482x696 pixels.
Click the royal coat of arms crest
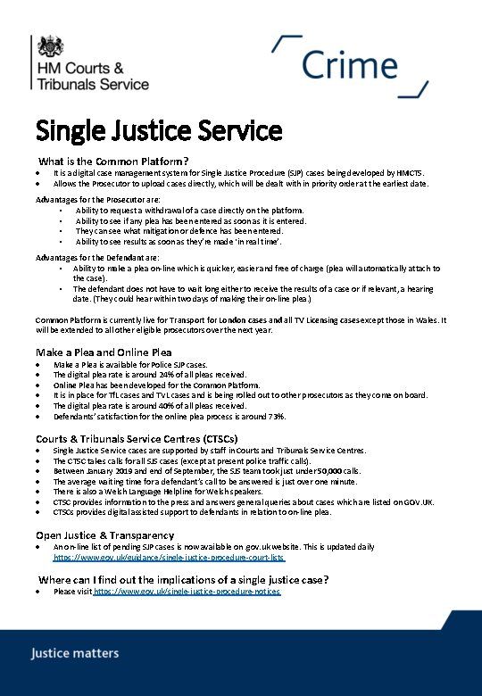click(x=48, y=46)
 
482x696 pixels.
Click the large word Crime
click(x=349, y=65)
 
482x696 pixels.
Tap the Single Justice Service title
click(x=159, y=131)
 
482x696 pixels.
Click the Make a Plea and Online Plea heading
click(x=104, y=352)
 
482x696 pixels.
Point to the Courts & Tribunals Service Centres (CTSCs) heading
click(x=137, y=438)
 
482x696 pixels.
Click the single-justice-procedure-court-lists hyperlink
click(x=170, y=557)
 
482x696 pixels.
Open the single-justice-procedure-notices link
click(x=187, y=592)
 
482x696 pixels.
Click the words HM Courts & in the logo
click(x=79, y=68)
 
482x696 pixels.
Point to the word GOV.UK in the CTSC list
click(x=419, y=501)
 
